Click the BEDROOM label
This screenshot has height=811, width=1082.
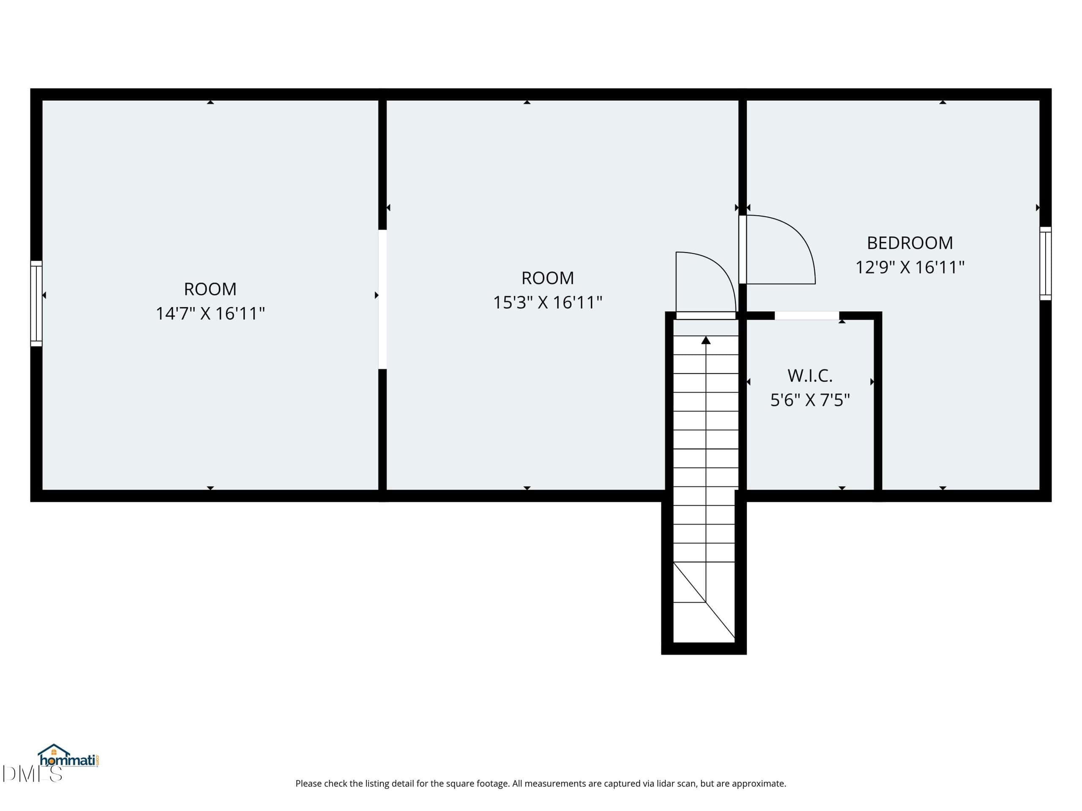point(909,243)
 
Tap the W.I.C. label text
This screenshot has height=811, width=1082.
point(809,376)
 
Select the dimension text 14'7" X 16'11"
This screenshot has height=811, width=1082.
point(210,313)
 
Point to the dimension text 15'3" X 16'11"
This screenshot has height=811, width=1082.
point(547,302)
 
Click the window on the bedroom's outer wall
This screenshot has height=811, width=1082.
point(1045,264)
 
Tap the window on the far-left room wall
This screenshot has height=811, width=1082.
point(36,304)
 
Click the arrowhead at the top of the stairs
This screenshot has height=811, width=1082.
point(706,340)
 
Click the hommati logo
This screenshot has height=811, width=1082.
point(69,756)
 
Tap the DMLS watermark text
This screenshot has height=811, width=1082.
point(32,774)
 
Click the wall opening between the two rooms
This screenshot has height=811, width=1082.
point(383,299)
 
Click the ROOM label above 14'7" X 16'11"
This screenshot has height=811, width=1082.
point(210,289)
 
